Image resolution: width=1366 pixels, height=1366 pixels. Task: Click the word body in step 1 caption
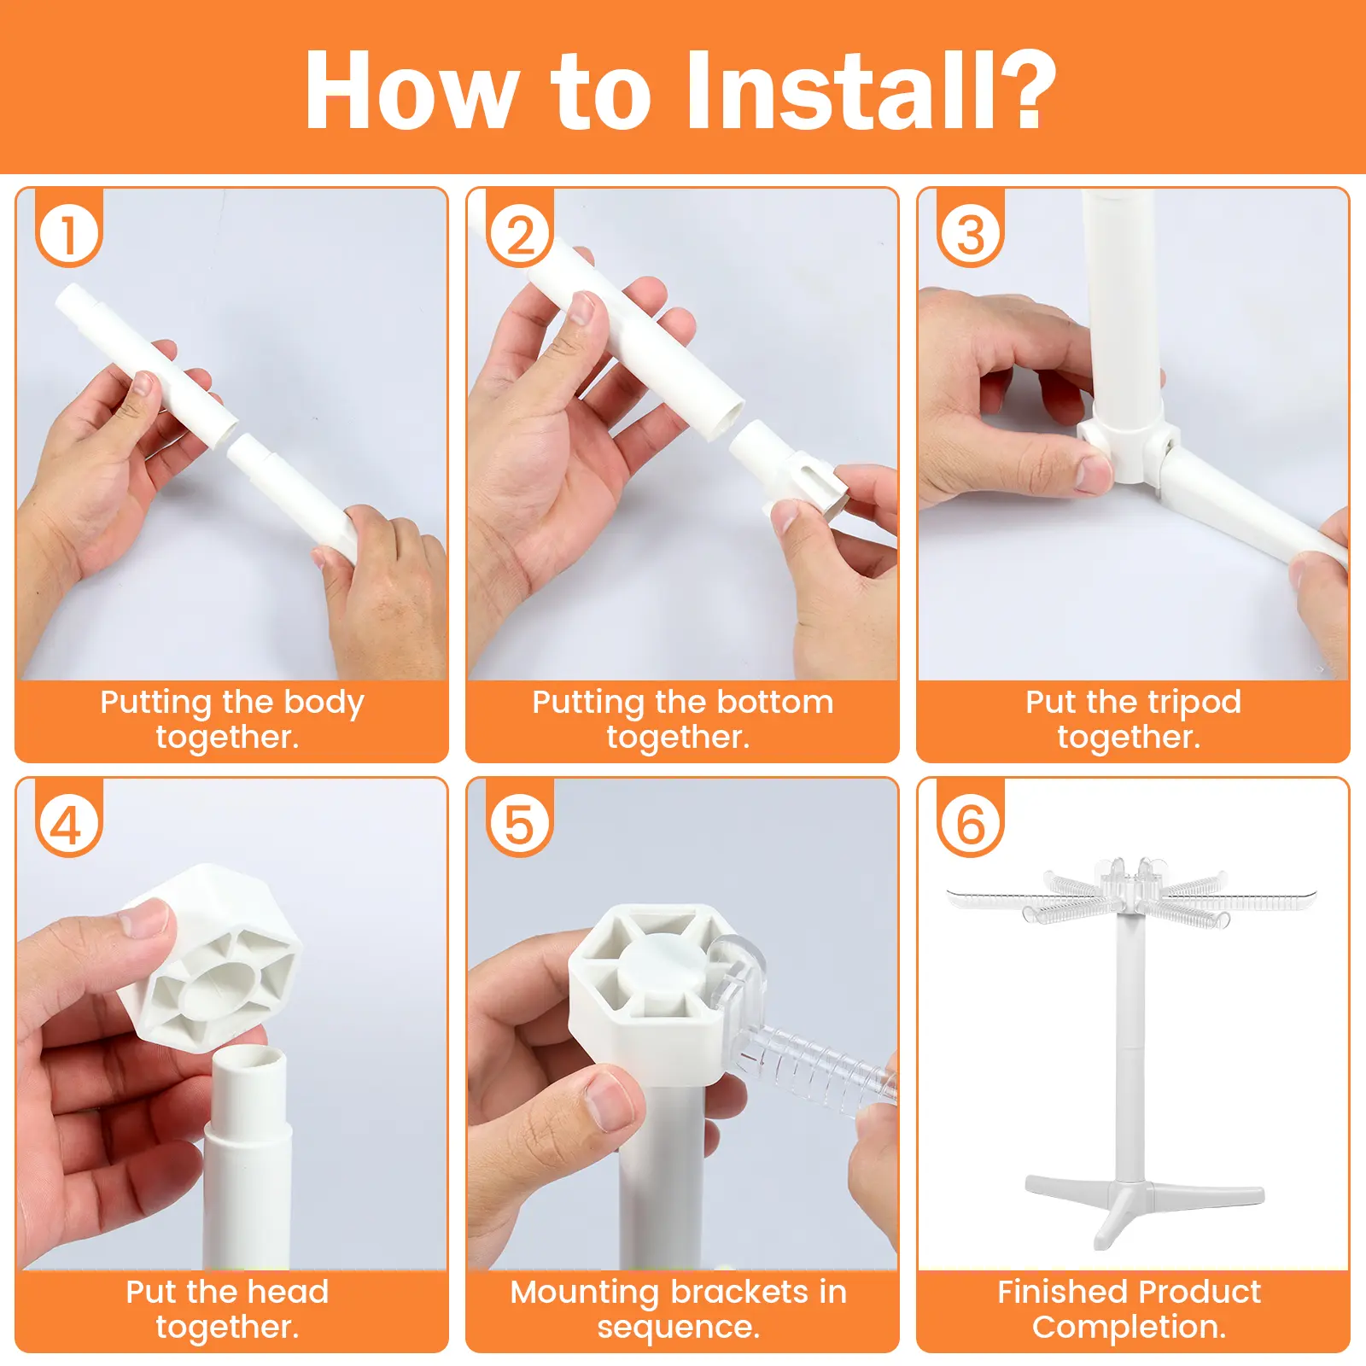click(324, 703)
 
